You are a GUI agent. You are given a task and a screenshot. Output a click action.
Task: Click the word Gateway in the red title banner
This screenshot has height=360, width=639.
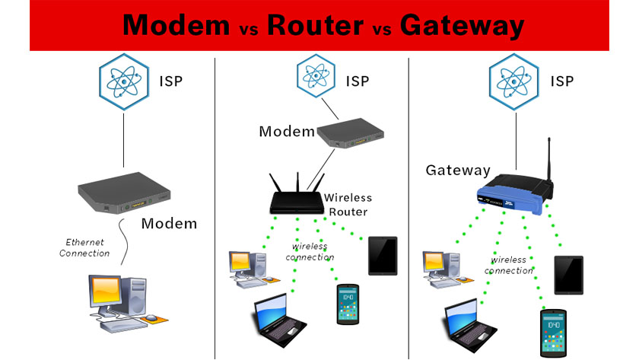[x=462, y=26]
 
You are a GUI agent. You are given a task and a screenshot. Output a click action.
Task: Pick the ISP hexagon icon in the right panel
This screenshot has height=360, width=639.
[x=510, y=79]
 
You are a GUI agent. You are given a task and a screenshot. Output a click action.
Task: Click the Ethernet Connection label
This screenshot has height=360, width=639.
[x=84, y=247]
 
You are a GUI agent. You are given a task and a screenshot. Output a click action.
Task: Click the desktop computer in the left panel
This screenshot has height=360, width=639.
[x=122, y=301]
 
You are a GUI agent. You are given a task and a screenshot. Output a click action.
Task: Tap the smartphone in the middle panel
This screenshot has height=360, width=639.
[x=347, y=304]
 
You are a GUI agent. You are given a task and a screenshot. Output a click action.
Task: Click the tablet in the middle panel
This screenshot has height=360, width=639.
[x=383, y=255]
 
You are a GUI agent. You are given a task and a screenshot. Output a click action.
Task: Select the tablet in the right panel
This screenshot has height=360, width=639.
[x=568, y=275]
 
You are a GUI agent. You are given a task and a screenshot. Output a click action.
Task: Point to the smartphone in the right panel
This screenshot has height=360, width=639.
[x=553, y=333]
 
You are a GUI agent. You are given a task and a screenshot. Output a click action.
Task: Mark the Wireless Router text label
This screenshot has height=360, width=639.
[x=347, y=205]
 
